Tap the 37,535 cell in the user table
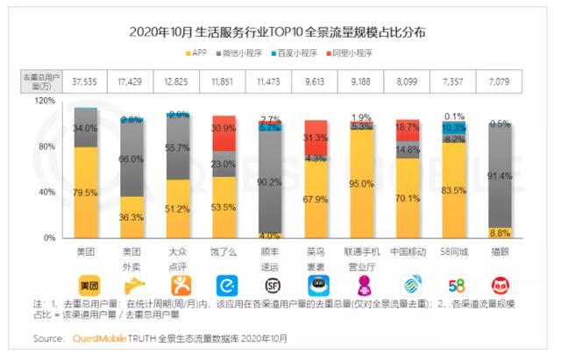tap(85, 80)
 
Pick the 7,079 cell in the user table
tap(499, 80)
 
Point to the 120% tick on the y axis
tap(43, 101)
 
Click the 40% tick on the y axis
tap(46, 192)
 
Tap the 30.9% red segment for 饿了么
tap(224, 129)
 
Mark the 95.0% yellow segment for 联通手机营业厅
tap(360, 184)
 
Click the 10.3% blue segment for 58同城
tap(453, 128)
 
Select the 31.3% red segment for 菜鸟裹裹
tap(315, 138)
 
